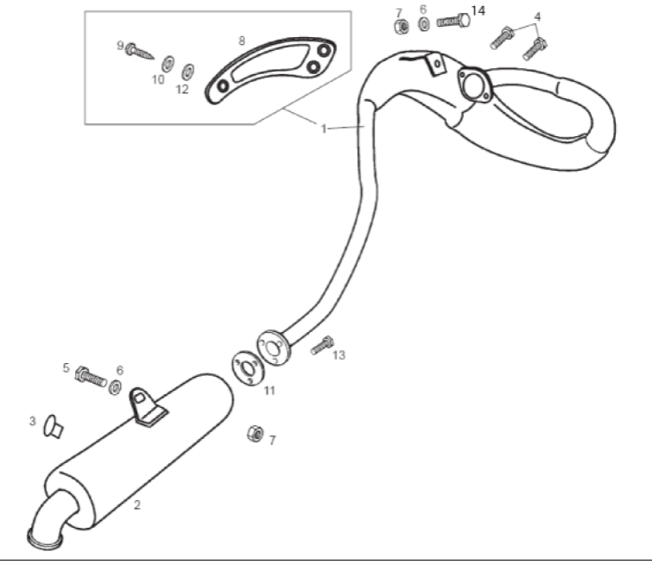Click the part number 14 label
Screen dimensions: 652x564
tap(478, 11)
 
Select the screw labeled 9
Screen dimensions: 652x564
tap(140, 51)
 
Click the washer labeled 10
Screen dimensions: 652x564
tap(168, 64)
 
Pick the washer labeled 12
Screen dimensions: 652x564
tap(188, 72)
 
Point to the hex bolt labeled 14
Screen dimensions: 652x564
tap(454, 21)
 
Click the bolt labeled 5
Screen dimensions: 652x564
tap(91, 376)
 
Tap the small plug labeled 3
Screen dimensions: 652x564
tap(53, 427)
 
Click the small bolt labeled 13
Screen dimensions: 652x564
tap(323, 345)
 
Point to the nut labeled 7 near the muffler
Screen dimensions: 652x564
tap(255, 435)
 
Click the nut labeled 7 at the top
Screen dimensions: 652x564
tap(401, 27)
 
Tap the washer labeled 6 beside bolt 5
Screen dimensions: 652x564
tap(115, 387)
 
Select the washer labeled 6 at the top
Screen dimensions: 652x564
tap(423, 23)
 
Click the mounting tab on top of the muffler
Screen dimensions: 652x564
tap(147, 408)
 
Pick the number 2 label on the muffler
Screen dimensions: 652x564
tap(137, 505)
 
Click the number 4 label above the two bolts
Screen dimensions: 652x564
tap(537, 17)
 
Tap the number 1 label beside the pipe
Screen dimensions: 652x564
tap(323, 129)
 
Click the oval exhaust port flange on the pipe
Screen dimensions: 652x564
tap(474, 85)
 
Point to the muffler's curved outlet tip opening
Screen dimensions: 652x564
tap(45, 540)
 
